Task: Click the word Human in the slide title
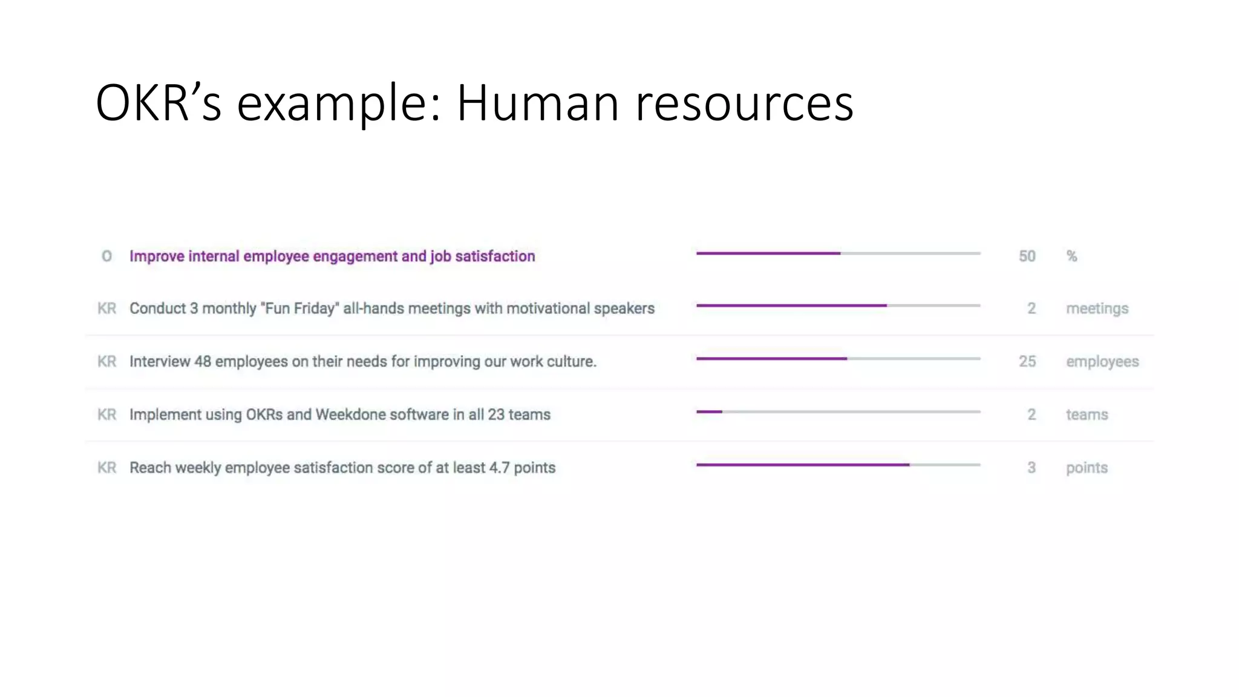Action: click(538, 103)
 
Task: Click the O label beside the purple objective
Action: click(106, 257)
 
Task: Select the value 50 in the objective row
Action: click(1027, 257)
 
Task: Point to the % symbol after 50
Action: click(1071, 257)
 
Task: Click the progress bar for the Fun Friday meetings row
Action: click(838, 306)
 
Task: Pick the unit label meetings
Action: click(1097, 309)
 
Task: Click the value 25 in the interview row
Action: click(1027, 361)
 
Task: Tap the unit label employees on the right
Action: click(1102, 362)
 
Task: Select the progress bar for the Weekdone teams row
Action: click(838, 412)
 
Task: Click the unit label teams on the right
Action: click(1087, 414)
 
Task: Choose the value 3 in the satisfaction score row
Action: click(1031, 468)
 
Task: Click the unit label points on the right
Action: click(1087, 468)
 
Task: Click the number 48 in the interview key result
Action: click(203, 361)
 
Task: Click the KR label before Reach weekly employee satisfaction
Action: click(106, 468)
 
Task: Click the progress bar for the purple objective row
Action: click(838, 254)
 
